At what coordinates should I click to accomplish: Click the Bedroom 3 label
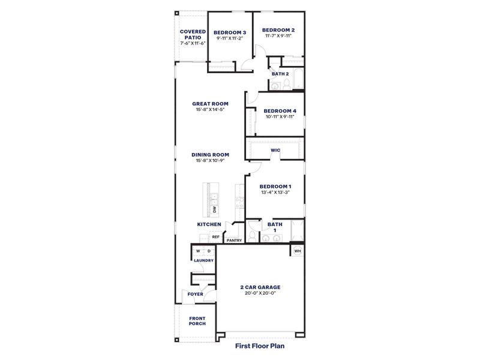[230, 32]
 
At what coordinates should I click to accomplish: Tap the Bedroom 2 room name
[278, 30]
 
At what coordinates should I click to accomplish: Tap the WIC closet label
[275, 150]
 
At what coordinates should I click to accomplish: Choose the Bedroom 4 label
[280, 110]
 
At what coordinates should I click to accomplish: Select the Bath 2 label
[280, 74]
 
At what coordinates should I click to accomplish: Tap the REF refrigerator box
[215, 237]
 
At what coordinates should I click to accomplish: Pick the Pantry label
[235, 241]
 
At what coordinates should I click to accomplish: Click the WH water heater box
[297, 251]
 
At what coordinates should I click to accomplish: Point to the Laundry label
[203, 260]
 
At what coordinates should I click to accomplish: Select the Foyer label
[195, 294]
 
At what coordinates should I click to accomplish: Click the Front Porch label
[197, 321]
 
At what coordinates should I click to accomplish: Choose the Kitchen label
[209, 224]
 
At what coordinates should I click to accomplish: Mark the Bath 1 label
[275, 227]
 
